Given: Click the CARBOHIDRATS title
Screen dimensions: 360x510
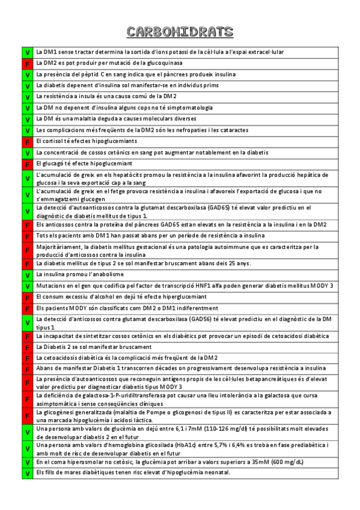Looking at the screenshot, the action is (180, 32).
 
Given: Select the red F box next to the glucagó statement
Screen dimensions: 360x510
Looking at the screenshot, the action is (27, 164).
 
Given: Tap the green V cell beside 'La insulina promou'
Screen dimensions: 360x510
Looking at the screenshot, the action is (27, 275).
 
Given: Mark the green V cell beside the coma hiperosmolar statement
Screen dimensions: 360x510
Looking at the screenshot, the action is (27, 462).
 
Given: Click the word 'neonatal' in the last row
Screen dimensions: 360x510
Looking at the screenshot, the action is (215, 472).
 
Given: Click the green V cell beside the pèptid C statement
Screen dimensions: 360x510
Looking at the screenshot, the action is (27, 75).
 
